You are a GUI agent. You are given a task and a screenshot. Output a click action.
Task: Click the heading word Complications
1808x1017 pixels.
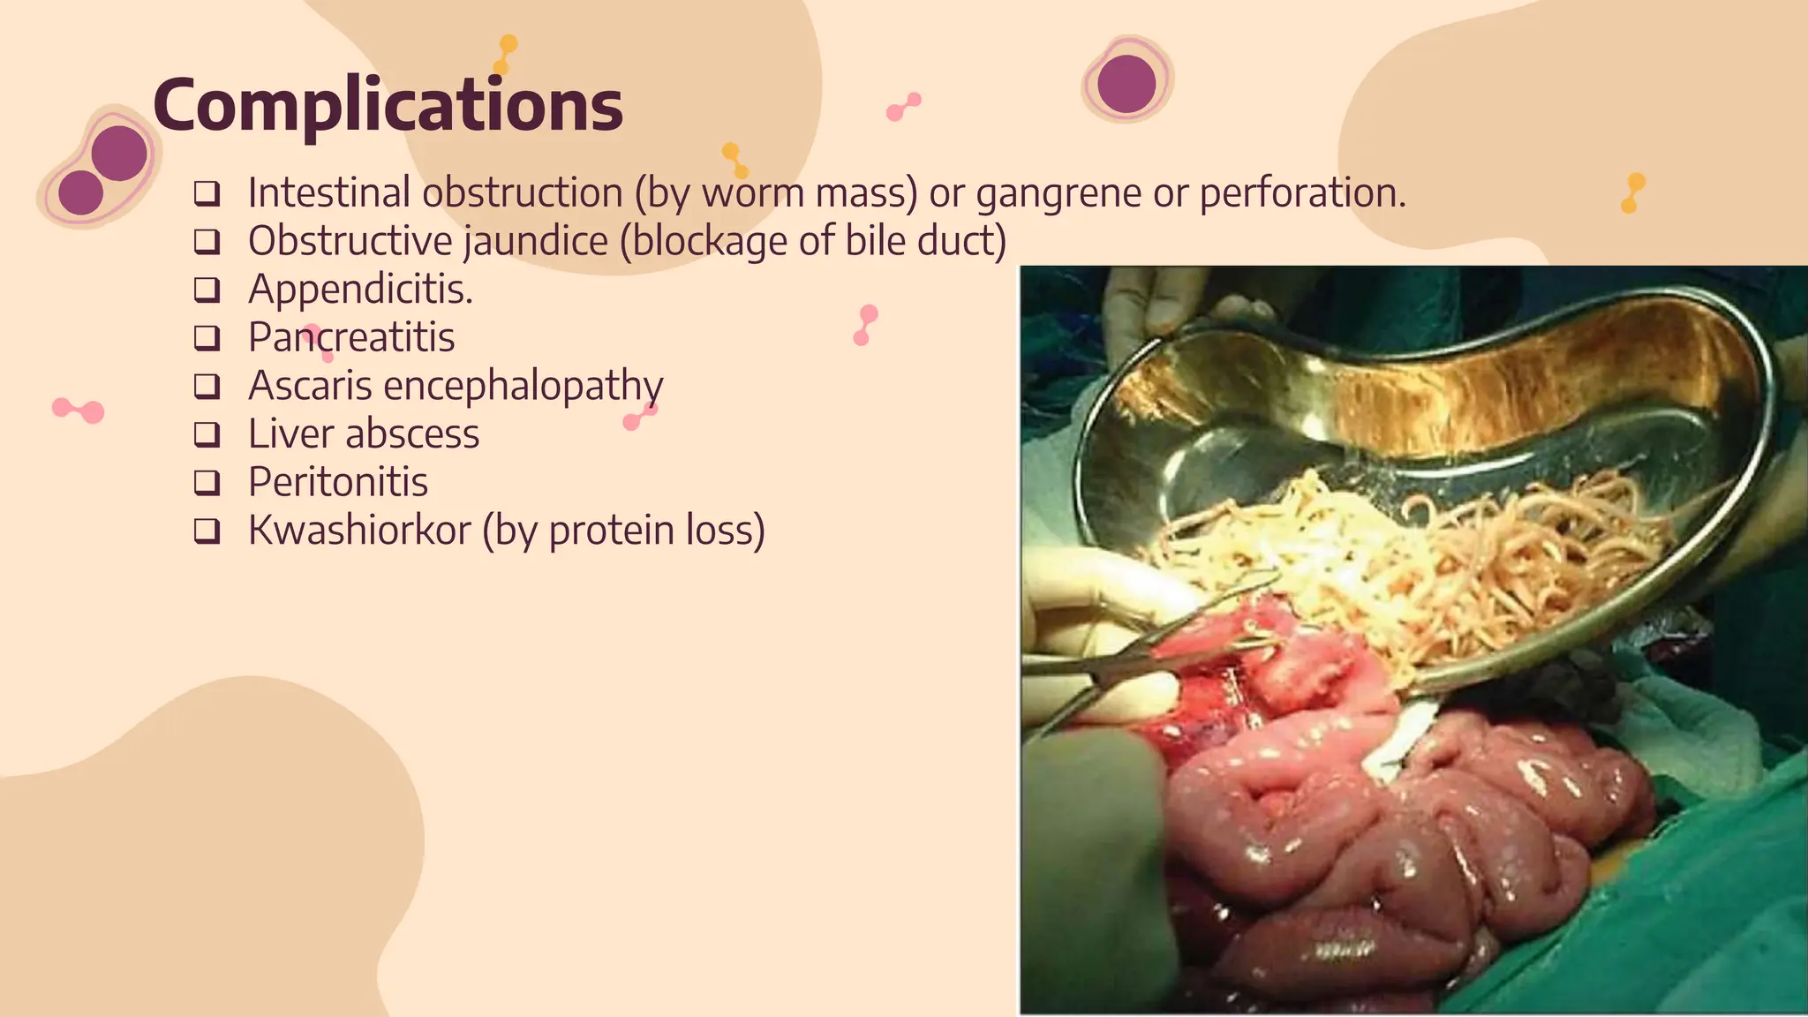pos(388,105)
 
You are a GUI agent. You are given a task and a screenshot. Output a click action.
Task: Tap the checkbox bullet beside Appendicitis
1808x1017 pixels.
pos(207,290)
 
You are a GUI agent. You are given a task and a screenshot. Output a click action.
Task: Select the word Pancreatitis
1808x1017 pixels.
pos(351,337)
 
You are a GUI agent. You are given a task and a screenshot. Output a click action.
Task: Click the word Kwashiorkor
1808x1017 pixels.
pos(359,530)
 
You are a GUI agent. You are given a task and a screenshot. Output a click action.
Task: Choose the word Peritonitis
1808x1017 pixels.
pos(338,482)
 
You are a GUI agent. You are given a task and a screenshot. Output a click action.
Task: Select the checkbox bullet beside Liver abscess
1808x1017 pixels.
pos(207,434)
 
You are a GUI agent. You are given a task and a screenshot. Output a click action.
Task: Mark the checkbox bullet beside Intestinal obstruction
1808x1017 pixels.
pos(207,193)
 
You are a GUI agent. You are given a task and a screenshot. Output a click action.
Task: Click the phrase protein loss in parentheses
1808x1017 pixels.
pos(653,531)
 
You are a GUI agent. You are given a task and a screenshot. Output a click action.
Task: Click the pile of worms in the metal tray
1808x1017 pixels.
pos(1412,565)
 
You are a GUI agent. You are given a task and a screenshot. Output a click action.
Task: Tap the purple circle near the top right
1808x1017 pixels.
pos(1126,84)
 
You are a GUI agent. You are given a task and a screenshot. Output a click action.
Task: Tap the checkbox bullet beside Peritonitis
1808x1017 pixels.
pos(207,482)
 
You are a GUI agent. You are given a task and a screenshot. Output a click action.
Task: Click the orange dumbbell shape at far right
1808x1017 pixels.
pos(1632,192)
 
